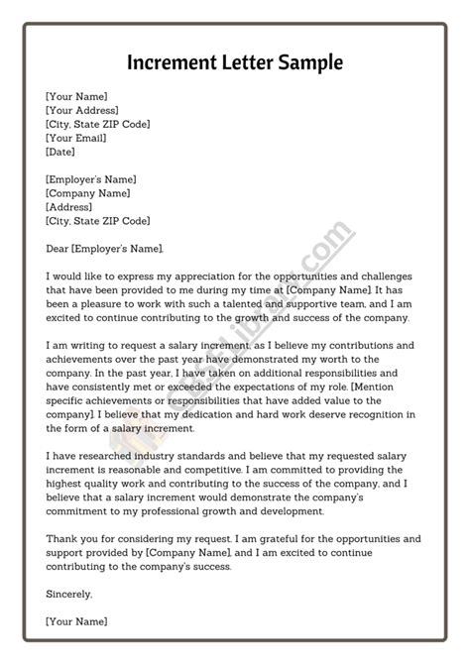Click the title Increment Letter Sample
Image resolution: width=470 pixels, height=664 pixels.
[235, 62]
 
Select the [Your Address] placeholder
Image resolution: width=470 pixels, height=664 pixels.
[82, 110]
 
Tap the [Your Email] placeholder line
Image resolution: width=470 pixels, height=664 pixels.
[77, 138]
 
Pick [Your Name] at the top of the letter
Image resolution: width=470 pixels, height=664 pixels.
[76, 96]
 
